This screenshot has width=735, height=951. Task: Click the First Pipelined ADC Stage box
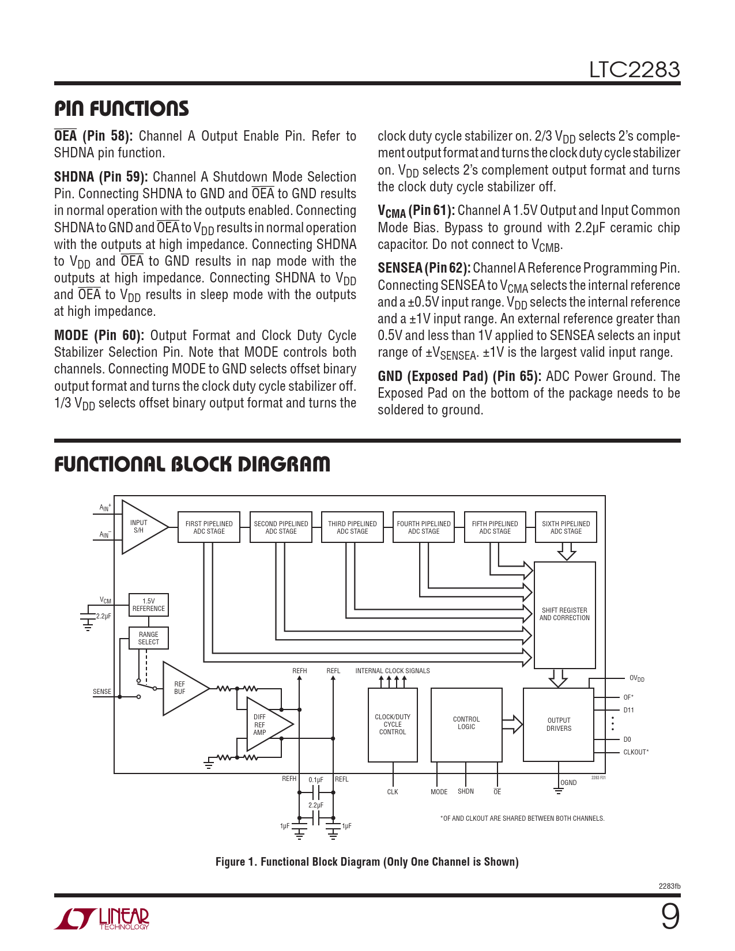(x=209, y=527)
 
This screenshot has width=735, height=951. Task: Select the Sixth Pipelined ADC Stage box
(x=566, y=527)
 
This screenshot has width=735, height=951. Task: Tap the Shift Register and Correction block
(x=565, y=615)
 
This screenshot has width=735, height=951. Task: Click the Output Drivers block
(x=559, y=724)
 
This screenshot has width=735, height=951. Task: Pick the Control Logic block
(x=466, y=724)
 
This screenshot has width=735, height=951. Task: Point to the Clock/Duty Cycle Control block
(x=393, y=724)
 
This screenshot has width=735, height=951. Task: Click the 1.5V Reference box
(x=148, y=605)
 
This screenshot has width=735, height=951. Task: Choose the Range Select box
(x=148, y=638)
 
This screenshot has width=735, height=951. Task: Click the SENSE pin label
(x=102, y=692)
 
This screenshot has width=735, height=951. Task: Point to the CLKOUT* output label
(x=636, y=752)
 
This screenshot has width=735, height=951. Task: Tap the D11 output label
(x=628, y=710)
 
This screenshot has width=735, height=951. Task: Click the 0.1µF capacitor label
(x=316, y=779)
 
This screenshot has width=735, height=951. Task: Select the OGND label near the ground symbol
(x=568, y=783)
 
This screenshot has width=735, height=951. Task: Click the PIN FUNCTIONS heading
(x=121, y=108)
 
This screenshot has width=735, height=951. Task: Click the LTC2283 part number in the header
(x=634, y=70)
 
